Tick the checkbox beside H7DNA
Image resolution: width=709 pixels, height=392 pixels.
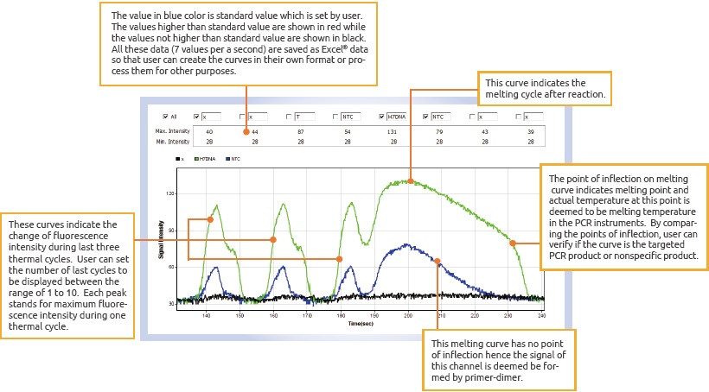tap(381, 116)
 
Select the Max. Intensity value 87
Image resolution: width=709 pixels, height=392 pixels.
tap(299, 130)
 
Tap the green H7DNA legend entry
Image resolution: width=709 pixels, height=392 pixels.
tap(207, 159)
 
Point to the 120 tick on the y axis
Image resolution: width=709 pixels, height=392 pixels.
tap(170, 193)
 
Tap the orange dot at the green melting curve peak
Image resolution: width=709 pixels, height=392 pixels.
tap(411, 181)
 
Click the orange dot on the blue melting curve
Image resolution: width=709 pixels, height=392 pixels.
tap(438, 261)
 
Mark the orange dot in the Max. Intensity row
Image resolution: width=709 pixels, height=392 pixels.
tap(246, 131)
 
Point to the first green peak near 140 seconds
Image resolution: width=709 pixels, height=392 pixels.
tap(214, 205)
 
